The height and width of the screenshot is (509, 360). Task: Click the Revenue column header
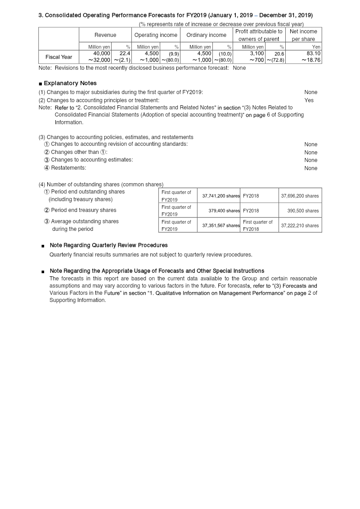105,35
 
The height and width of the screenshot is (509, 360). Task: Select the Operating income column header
156,35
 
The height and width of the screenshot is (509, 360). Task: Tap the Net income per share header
303,35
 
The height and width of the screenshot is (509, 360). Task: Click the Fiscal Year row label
58,57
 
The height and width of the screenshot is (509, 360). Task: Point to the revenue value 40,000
102,54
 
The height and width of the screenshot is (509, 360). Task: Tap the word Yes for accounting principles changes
309,100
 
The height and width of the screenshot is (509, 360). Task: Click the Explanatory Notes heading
70,83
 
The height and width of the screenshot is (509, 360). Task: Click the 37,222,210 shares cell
300,225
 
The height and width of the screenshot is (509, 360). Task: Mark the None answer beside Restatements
310,168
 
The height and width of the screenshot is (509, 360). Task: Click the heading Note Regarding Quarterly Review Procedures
108,245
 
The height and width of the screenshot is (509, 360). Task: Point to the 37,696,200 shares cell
300,196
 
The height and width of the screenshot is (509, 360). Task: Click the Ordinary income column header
206,35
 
